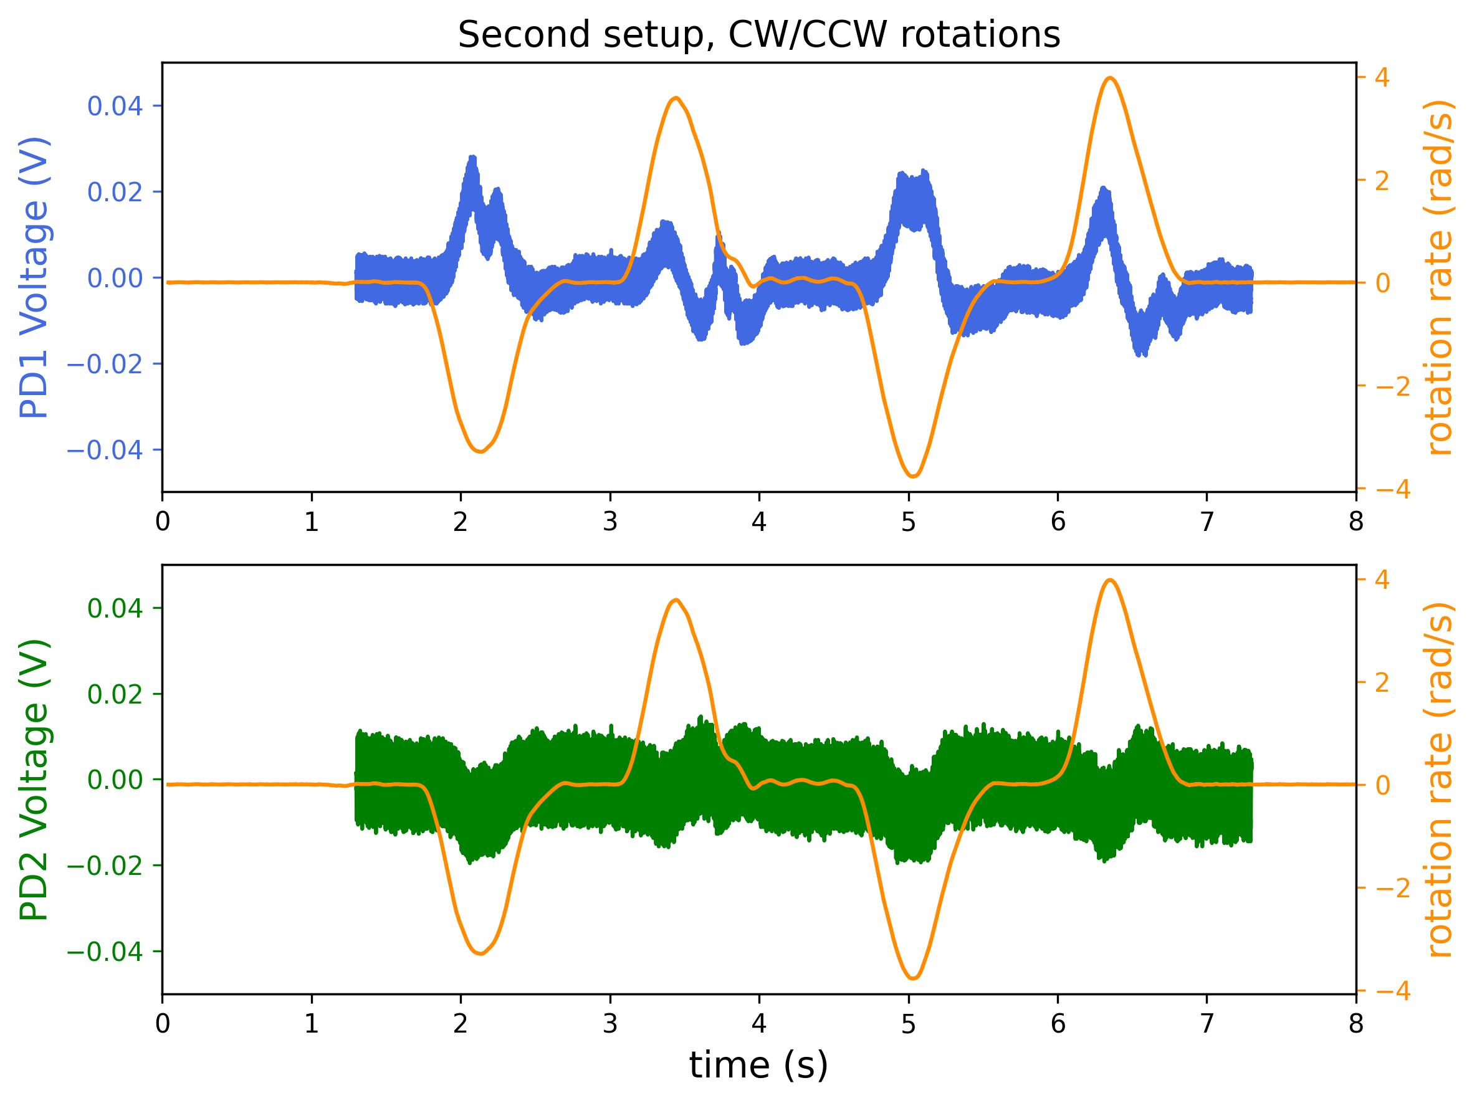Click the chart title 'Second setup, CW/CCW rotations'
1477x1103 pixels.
point(758,35)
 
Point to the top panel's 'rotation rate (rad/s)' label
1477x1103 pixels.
point(1441,277)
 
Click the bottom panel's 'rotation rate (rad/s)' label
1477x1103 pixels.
point(1441,779)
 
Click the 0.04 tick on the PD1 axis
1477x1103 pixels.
point(115,106)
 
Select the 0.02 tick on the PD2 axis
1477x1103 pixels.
point(115,694)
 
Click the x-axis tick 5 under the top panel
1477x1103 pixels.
point(908,522)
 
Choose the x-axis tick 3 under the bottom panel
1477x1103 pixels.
point(609,1024)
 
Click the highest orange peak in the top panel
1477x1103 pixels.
point(1110,78)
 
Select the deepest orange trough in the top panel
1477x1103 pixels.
point(914,476)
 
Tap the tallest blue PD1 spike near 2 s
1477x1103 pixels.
point(473,158)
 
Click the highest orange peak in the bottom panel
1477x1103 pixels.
point(1110,580)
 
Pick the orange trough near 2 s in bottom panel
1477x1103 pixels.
point(480,953)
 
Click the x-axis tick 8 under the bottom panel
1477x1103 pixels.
point(1355,1024)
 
